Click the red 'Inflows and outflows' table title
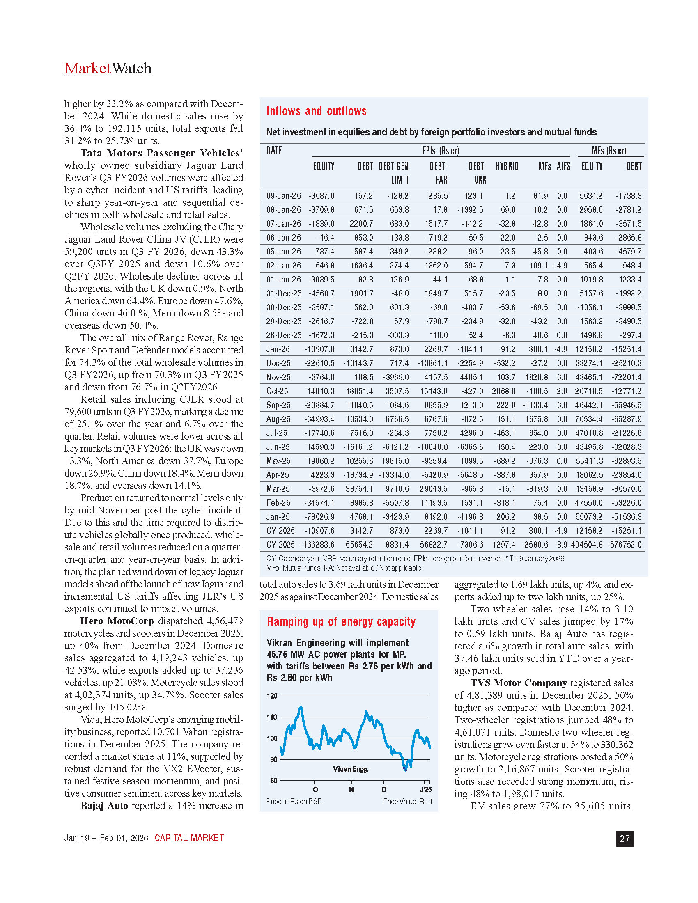[316, 111]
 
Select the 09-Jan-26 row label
[283, 195]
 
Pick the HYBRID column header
[507, 166]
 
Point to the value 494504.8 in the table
[587, 545]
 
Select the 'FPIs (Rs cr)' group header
[441, 151]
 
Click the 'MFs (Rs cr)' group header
[609, 151]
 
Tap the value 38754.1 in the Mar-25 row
[359, 489]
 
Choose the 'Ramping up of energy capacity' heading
[341, 622]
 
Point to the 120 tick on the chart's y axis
[272, 696]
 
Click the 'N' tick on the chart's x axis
[351, 790]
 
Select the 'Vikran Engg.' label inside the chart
[351, 769]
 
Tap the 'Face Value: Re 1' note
[407, 801]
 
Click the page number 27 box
[625, 839]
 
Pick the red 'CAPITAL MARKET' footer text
[189, 838]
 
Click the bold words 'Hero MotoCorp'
[117, 621]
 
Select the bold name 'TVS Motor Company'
[519, 683]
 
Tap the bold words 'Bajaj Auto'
[104, 806]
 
